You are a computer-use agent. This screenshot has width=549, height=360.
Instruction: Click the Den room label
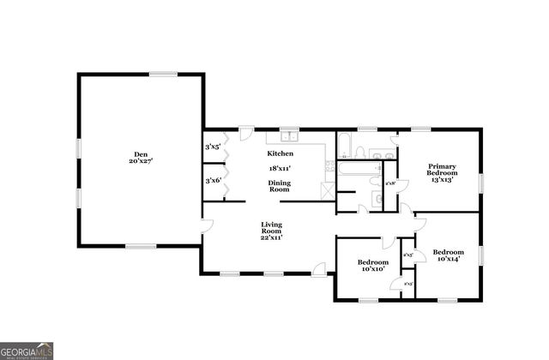click(139, 153)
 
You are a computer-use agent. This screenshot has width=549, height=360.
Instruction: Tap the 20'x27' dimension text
click(139, 160)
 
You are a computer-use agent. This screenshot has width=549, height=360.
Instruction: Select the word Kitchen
click(281, 153)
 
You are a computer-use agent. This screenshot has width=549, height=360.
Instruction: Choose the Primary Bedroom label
click(442, 170)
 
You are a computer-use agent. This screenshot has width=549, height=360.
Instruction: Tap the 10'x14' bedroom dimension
click(449, 259)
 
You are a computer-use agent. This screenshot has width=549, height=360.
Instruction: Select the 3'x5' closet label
click(213, 147)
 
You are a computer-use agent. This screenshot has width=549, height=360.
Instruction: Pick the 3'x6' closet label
click(213, 180)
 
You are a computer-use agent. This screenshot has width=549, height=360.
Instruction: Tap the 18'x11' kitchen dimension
click(281, 169)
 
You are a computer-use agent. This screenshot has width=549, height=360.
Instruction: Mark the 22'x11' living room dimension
click(272, 237)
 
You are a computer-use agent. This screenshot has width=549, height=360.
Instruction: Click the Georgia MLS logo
click(27, 351)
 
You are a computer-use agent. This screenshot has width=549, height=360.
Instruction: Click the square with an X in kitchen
click(326, 189)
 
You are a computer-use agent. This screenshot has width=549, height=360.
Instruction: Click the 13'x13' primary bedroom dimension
click(442, 180)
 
